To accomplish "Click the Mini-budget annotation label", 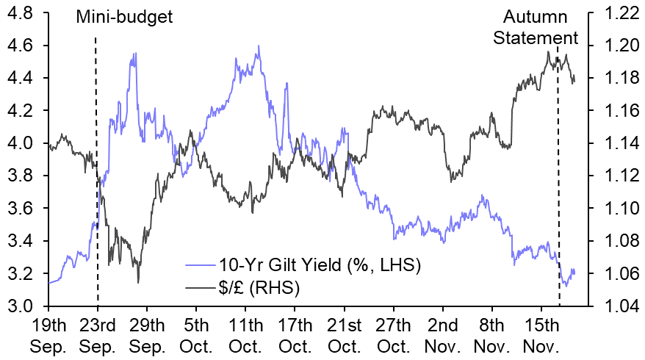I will click(125, 15).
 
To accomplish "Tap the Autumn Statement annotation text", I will click(536, 26).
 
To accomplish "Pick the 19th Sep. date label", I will click(49, 334).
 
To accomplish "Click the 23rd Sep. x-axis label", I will click(98, 334).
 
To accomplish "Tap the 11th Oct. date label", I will click(246, 334).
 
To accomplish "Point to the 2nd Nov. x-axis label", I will click(443, 334).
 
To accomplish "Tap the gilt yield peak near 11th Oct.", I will click(259, 46).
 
